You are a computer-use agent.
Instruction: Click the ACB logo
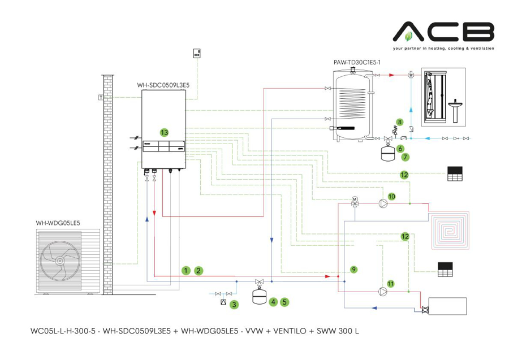coord(443,32)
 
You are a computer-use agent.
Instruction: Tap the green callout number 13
coord(164,132)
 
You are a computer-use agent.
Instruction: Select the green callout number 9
coord(353,270)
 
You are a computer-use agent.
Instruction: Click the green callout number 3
coord(234,304)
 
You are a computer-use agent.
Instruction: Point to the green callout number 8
coord(399,122)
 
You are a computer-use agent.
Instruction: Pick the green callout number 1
coord(185,271)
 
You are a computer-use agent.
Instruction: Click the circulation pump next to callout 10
coord(383,203)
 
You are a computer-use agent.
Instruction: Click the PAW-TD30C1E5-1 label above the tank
coord(357,62)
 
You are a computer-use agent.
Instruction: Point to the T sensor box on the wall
coord(100,97)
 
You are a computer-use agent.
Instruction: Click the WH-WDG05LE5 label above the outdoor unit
coord(58,223)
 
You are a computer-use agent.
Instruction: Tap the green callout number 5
coord(284,302)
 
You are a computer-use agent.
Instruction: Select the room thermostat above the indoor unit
coord(197,53)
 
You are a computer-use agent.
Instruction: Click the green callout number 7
coord(406,157)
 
